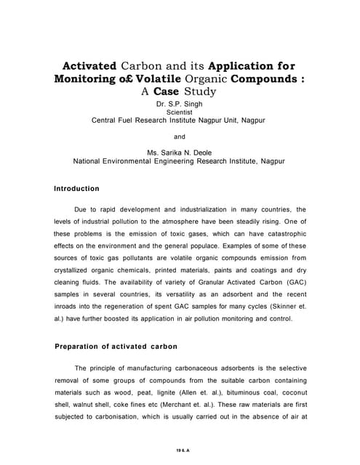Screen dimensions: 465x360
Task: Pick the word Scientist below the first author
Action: pos(180,113)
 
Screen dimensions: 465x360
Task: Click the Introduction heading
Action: pos(77,188)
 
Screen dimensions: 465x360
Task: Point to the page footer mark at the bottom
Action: pos(180,450)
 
